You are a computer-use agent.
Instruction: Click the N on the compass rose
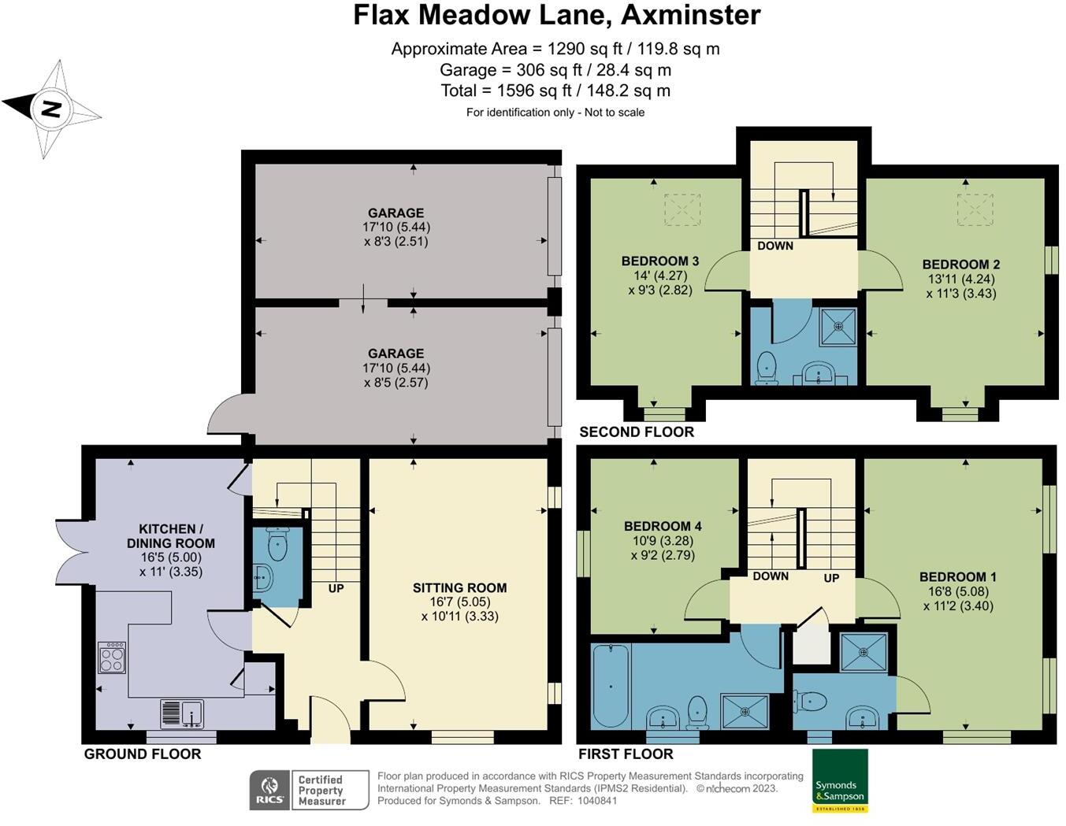click(x=51, y=109)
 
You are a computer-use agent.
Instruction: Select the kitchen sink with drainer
click(x=182, y=713)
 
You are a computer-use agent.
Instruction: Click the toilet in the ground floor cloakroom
click(x=277, y=543)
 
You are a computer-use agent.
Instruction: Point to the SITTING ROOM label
click(x=459, y=587)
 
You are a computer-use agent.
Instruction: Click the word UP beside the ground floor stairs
click(x=336, y=588)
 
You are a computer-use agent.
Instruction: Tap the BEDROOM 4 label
click(x=663, y=526)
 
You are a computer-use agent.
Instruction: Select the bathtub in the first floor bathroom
click(x=611, y=687)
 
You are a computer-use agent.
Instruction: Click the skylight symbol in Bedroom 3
click(x=682, y=209)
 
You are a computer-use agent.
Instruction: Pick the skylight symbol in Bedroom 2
click(x=975, y=209)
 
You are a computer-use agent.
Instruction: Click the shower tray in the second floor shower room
click(x=838, y=325)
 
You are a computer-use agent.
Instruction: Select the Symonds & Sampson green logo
click(x=841, y=780)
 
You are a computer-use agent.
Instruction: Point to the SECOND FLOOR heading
click(x=637, y=432)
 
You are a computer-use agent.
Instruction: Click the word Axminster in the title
click(x=691, y=15)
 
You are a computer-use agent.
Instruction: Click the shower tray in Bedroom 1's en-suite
click(x=864, y=652)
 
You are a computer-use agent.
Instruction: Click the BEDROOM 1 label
click(x=958, y=576)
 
